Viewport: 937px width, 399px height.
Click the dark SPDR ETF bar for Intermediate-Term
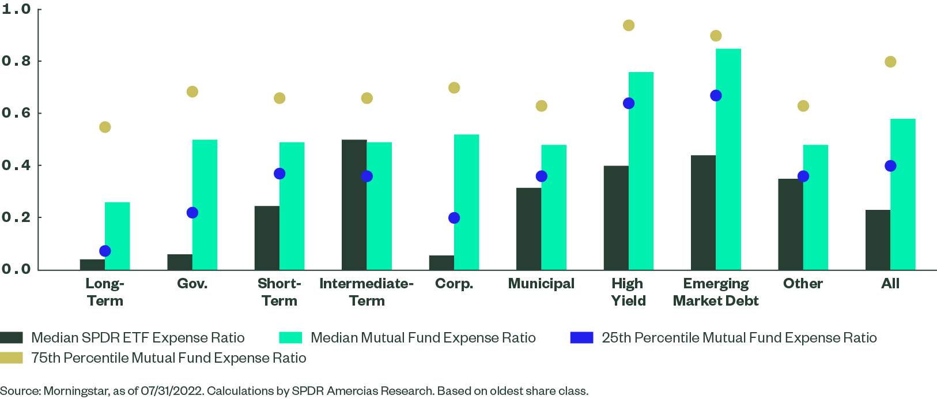pos(354,205)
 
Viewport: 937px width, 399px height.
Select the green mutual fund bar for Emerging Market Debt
pos(728,159)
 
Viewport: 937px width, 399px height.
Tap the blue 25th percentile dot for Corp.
pos(454,218)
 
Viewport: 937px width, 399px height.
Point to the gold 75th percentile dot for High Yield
pos(629,25)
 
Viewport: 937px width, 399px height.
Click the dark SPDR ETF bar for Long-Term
pos(92,265)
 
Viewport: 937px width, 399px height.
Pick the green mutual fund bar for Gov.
pos(205,205)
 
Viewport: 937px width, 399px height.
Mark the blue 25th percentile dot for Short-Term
pos(279,174)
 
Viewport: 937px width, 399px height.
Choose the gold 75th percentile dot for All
pos(890,62)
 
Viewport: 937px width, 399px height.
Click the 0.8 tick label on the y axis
pos(16,61)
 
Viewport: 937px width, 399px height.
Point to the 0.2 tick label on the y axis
pos(16,217)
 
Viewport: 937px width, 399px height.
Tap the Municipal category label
pos(541,284)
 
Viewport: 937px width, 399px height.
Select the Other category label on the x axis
pos(803,284)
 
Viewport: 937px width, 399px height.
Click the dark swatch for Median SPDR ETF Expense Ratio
pos(12,338)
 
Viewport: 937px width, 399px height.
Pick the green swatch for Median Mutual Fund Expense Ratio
pos(290,338)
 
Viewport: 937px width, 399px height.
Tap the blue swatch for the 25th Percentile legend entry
pos(581,338)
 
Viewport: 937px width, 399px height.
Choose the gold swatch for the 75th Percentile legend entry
pos(12,358)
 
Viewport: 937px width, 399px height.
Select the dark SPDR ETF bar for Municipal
pos(528,229)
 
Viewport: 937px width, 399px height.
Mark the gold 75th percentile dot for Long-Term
pos(105,127)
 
